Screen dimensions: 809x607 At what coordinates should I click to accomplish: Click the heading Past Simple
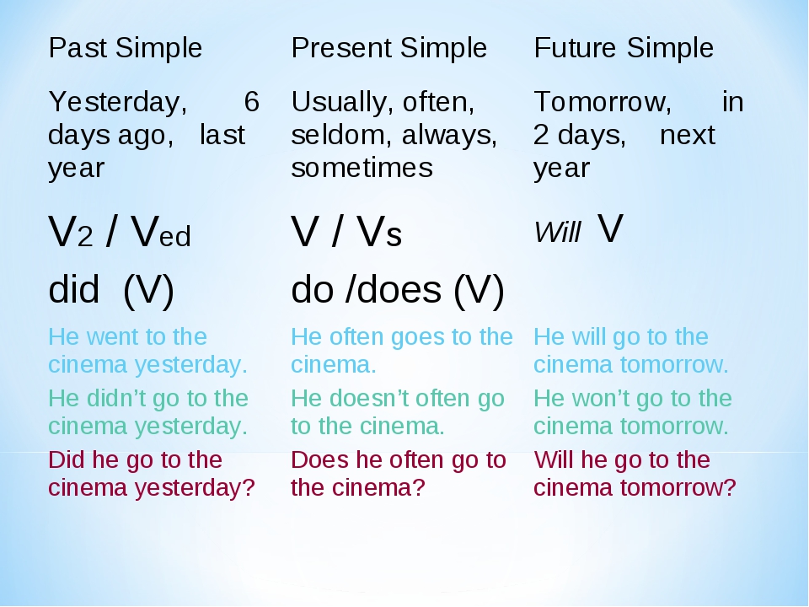pyautogui.click(x=126, y=49)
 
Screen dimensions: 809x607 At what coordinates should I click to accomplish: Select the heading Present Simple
pyautogui.click(x=389, y=49)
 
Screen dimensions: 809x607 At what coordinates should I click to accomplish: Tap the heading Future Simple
pyautogui.click(x=624, y=49)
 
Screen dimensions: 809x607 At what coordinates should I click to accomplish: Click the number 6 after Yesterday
pyautogui.click(x=251, y=101)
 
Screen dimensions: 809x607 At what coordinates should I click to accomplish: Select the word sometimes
pyautogui.click(x=362, y=168)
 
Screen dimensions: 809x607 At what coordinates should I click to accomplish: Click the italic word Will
pyautogui.click(x=558, y=232)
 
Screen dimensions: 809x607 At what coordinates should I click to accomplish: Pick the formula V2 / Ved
pyautogui.click(x=120, y=231)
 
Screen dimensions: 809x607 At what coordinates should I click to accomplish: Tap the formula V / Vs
pyautogui.click(x=346, y=231)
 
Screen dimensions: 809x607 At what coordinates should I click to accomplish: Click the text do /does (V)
pyautogui.click(x=398, y=290)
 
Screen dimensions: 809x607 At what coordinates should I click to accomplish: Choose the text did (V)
pyautogui.click(x=111, y=290)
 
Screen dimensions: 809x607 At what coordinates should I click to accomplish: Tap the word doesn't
pyautogui.click(x=369, y=399)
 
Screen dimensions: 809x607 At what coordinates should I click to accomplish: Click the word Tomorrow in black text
pyautogui.click(x=603, y=102)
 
